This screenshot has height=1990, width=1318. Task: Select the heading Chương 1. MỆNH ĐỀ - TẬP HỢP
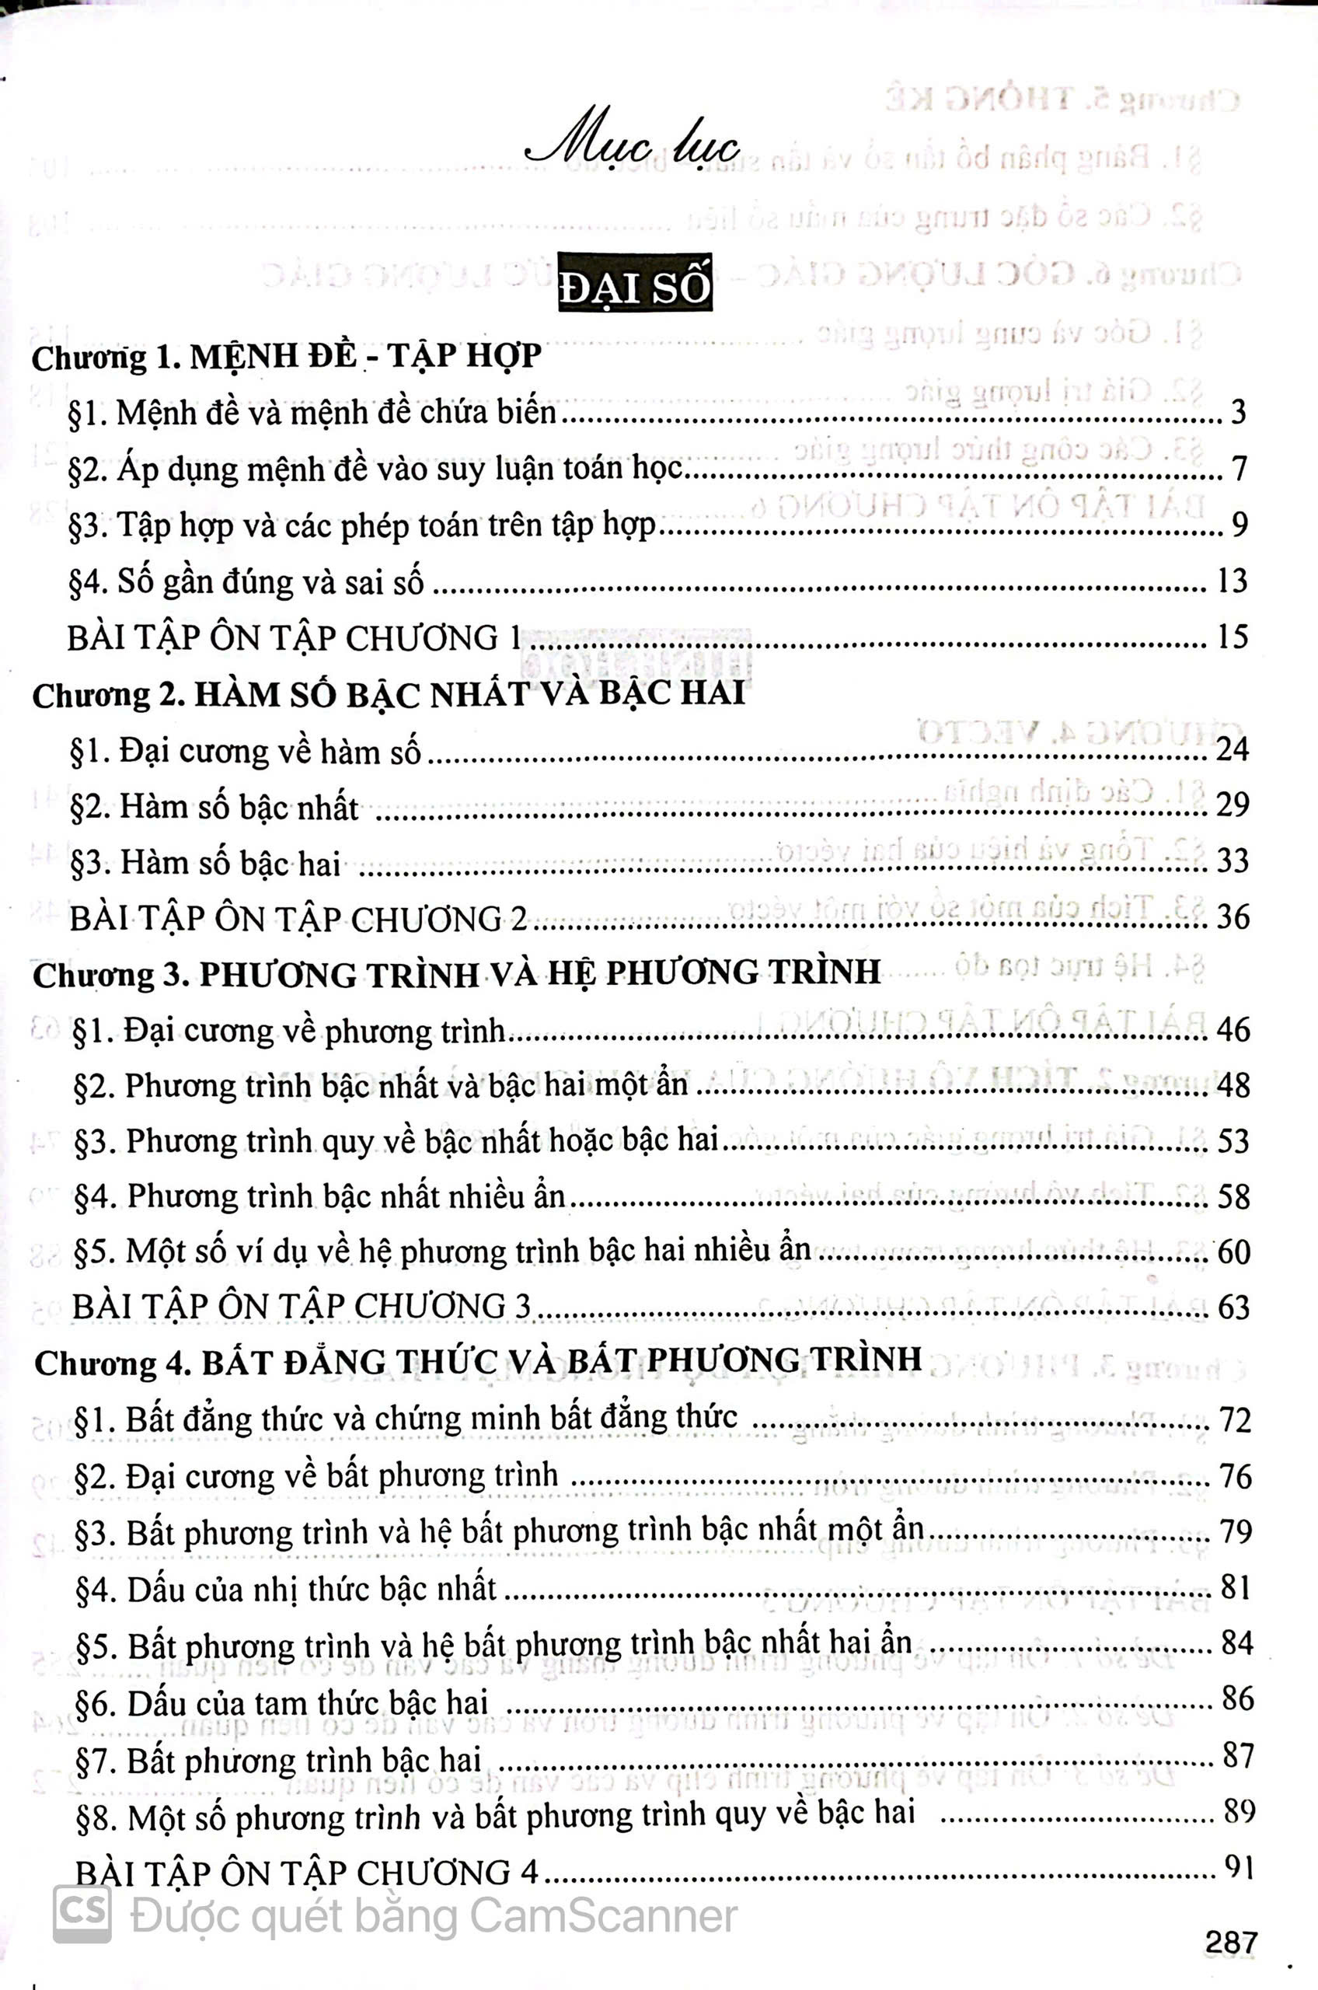click(287, 358)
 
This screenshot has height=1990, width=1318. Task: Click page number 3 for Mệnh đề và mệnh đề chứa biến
click(1237, 412)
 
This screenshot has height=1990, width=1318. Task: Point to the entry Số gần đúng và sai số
click(246, 581)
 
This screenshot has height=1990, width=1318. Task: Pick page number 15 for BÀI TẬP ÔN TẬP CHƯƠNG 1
click(1232, 637)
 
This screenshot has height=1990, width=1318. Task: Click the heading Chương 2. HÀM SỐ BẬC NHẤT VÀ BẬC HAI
click(389, 694)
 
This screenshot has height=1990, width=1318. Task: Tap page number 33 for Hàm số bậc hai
click(1233, 861)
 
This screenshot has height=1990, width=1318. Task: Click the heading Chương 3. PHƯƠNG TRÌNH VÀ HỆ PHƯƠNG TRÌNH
click(456, 973)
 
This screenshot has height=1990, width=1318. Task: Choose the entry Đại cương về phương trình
click(290, 1031)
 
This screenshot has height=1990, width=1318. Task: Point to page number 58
click(1233, 1196)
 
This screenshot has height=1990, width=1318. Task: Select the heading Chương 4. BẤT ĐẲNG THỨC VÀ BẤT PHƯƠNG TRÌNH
click(478, 1362)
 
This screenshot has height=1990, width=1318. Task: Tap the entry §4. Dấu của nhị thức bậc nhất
click(286, 1589)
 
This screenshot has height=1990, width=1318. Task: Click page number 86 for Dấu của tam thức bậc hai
click(1237, 1699)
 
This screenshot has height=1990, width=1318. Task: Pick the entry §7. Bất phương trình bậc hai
click(278, 1760)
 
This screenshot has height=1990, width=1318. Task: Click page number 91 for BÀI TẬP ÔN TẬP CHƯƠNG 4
click(1239, 1868)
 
